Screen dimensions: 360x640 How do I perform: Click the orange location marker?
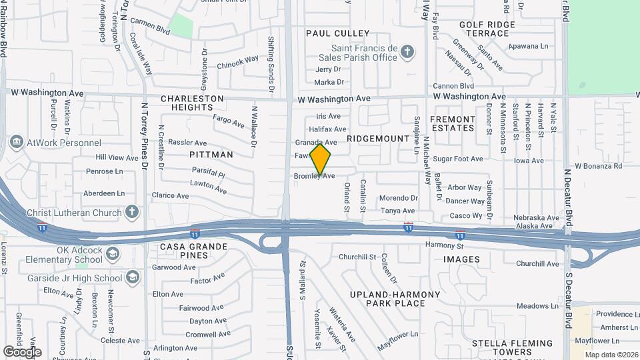321,159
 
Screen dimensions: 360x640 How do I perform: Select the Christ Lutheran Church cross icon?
132,213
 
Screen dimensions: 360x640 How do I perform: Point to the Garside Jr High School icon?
132,277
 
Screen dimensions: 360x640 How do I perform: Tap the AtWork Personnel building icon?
15,142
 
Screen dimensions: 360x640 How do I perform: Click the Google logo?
22,351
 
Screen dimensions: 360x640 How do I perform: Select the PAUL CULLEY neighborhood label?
337,33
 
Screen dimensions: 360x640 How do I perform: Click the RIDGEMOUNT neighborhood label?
377,139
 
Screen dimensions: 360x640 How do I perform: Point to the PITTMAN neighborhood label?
211,155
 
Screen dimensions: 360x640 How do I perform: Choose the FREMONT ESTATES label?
453,124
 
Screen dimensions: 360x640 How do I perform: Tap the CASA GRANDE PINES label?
193,251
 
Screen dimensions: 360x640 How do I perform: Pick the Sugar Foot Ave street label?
457,159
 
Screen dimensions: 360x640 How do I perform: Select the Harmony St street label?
444,245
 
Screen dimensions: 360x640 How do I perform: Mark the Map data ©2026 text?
611,355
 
